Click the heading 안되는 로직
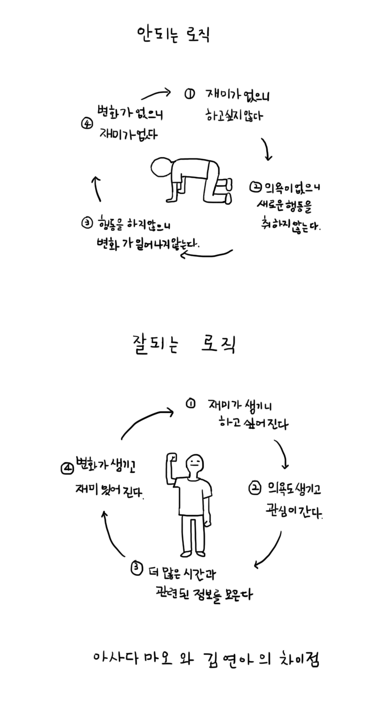pos(173,35)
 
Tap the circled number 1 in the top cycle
pos(189,94)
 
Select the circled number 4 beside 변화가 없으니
pos(87,124)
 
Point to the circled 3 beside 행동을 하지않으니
pos(87,223)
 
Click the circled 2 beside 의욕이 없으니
pos(256,187)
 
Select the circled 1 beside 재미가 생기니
pos(191,404)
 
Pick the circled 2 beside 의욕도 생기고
pos(255,488)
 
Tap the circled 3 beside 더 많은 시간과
pos(136,568)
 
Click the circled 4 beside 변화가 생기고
pos(67,468)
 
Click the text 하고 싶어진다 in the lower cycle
pos(253,423)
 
